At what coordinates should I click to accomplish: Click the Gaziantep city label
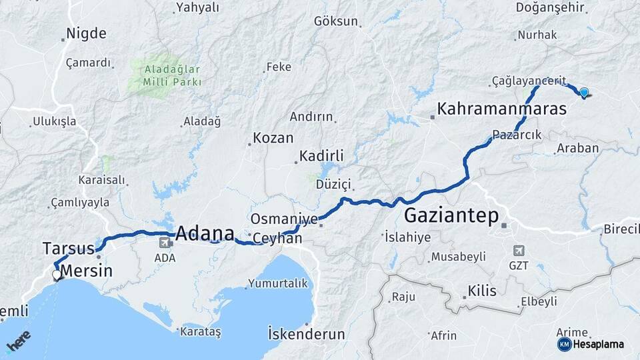pos(452,217)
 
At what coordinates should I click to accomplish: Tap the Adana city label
pos(205,234)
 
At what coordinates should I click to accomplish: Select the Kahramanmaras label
pos(501,109)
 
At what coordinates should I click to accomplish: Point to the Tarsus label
pos(68,249)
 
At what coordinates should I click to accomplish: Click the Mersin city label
pos(87,271)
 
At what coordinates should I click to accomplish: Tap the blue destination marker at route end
pos(585,93)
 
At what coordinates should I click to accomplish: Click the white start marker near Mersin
pos(57,273)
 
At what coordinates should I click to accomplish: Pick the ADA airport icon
pos(164,243)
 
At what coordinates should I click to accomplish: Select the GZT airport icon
pos(519,251)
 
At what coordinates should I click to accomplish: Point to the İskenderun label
pos(306,334)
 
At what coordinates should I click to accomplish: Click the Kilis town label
pos(482,291)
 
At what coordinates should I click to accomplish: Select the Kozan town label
pos(273,138)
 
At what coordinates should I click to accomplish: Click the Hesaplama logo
pos(591,344)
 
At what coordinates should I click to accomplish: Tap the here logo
pos(19,341)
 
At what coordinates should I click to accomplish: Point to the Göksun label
pos(336,21)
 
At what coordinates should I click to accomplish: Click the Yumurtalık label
pos(279,283)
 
